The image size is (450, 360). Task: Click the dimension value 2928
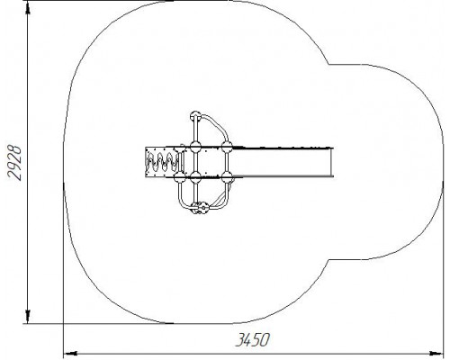[14, 163]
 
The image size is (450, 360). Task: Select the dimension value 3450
[253, 340]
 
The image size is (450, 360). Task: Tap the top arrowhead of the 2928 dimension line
[28, 7]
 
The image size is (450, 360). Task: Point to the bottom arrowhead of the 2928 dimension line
[28, 317]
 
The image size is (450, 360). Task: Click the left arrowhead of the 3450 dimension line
[71, 353]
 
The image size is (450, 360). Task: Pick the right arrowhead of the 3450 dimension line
[436, 353]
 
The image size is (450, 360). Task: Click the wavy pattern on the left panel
[162, 162]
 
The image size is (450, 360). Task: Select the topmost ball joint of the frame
[195, 115]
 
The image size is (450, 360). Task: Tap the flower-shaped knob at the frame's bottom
[203, 208]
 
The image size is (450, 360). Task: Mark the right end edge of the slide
[332, 162]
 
